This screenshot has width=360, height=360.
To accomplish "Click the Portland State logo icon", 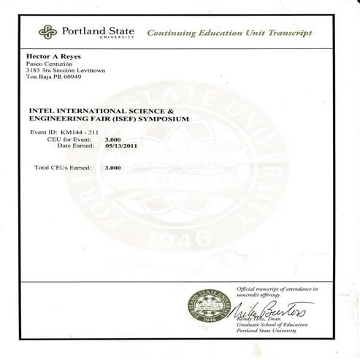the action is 47,32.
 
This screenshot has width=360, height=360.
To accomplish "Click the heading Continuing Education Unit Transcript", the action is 229,34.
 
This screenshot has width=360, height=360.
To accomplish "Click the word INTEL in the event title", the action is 41,110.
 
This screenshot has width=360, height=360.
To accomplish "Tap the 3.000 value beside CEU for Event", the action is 113,138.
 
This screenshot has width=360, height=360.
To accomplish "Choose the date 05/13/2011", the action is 121,145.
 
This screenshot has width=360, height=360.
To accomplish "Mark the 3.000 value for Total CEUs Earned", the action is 113,168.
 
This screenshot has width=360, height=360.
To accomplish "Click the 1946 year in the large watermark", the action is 177,239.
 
